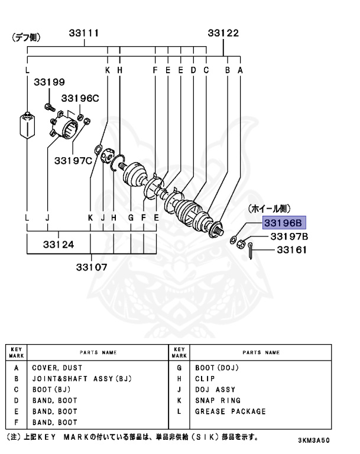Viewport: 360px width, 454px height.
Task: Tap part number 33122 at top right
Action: point(223,33)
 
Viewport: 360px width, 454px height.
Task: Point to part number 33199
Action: point(49,83)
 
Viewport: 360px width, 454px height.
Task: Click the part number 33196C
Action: point(80,98)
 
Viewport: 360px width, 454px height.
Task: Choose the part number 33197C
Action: point(73,160)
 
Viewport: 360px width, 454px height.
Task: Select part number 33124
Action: point(58,244)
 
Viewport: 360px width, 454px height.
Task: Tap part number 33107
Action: point(92,266)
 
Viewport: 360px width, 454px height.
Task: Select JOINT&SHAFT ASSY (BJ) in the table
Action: point(81,378)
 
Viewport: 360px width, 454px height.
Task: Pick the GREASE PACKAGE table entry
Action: point(231,411)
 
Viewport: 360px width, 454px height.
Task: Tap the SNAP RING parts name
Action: point(215,401)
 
